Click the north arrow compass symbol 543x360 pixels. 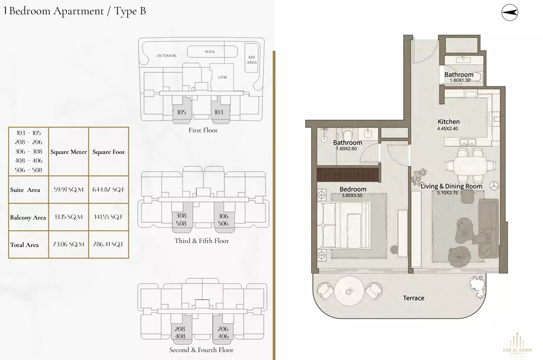click(x=510, y=12)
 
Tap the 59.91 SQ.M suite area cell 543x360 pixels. click(x=68, y=189)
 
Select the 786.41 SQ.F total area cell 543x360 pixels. click(x=108, y=244)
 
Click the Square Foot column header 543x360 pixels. click(x=109, y=152)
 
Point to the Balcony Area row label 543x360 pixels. click(x=28, y=217)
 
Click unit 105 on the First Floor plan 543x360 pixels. click(x=181, y=112)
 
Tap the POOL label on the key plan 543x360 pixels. click(x=210, y=52)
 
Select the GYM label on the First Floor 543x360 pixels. click(x=222, y=77)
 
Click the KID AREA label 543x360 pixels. click(x=251, y=60)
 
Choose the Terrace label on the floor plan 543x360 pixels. click(x=413, y=298)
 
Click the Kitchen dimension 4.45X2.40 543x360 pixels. click(x=447, y=129)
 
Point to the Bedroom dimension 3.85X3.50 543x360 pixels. click(x=352, y=196)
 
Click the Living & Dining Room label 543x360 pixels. click(x=451, y=186)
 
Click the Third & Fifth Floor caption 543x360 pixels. click(x=202, y=241)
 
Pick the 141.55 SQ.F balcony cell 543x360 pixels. click(x=108, y=217)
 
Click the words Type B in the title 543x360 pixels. click(x=130, y=11)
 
